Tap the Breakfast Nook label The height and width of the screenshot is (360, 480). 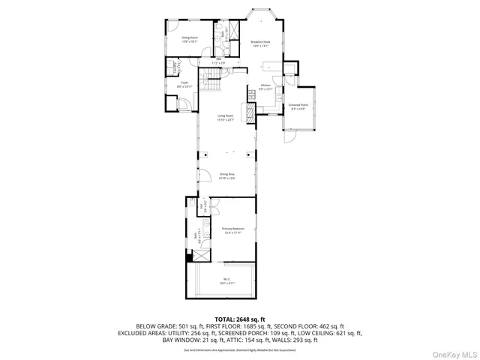260,43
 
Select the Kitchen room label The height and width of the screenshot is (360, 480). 265,87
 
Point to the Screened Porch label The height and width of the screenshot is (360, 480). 297,106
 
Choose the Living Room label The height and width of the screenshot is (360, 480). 226,117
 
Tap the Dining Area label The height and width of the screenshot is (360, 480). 226,176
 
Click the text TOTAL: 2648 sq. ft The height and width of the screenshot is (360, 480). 240,319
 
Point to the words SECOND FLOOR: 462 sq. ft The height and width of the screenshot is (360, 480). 310,326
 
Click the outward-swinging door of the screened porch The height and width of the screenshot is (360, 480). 289,137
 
